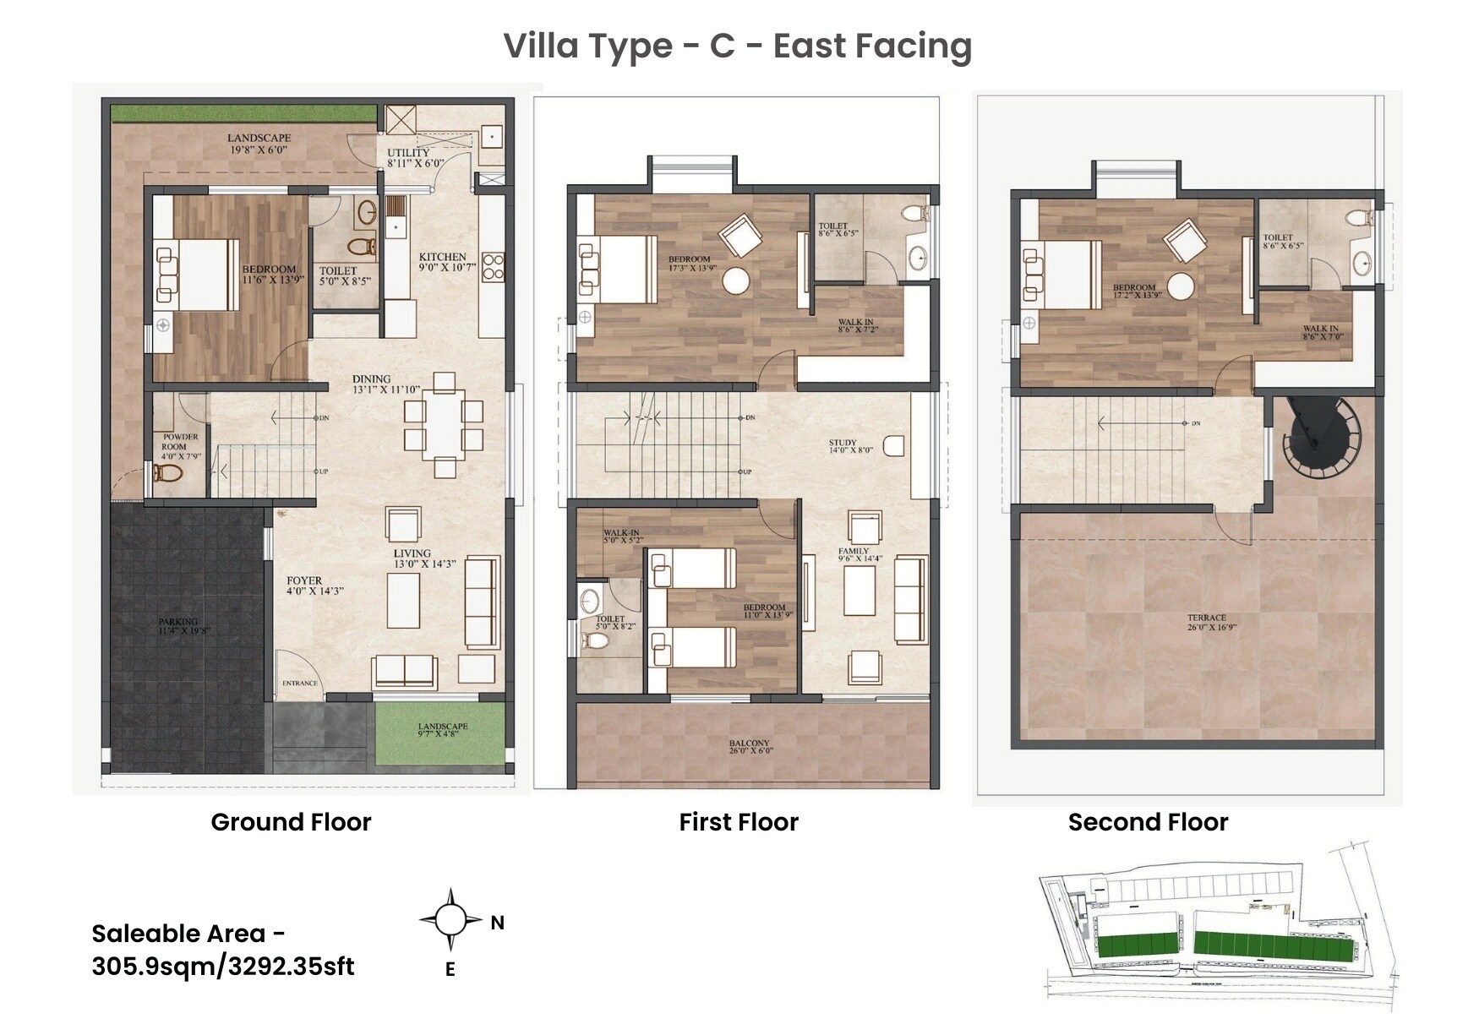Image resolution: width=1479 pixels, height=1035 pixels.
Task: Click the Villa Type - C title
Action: [738, 46]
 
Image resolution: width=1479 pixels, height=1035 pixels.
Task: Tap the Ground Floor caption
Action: [291, 822]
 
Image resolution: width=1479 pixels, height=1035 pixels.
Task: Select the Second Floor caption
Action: [1148, 822]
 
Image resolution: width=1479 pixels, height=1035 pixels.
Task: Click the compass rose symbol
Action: [450, 920]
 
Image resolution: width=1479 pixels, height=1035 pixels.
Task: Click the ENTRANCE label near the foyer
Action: [300, 683]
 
